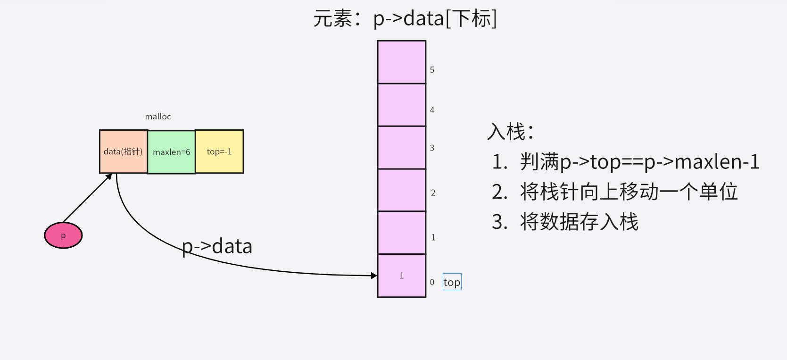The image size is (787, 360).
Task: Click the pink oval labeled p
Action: click(63, 235)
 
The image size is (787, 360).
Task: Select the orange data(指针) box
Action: click(123, 151)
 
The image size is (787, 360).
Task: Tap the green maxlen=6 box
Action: click(171, 152)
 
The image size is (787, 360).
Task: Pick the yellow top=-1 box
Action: click(219, 151)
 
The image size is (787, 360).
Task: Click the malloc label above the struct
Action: click(158, 117)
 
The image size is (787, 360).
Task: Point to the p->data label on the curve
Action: click(217, 246)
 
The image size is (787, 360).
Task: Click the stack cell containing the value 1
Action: click(402, 276)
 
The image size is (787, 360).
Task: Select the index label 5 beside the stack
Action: click(432, 70)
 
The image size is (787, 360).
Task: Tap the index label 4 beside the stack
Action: click(432, 110)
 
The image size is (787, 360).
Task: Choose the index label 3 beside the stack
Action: click(432, 148)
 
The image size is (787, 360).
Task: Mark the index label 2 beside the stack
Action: click(433, 193)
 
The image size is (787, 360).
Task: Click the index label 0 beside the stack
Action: click(432, 282)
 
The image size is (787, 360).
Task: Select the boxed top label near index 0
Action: click(452, 282)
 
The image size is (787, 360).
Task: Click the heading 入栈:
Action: click(510, 132)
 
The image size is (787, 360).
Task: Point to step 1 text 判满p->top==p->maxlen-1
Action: click(625, 162)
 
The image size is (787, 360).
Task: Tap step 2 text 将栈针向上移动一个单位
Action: click(614, 192)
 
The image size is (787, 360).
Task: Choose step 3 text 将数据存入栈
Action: click(565, 222)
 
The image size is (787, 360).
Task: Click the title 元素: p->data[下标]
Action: click(405, 19)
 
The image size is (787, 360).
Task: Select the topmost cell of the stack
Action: click(402, 62)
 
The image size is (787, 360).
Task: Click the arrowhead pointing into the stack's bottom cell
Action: click(374, 276)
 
